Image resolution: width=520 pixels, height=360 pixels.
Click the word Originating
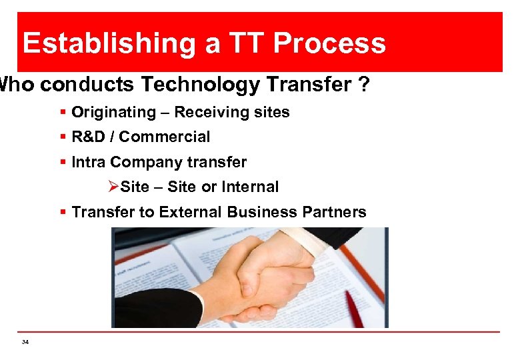[111, 112]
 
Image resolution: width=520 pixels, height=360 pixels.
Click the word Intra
[88, 162]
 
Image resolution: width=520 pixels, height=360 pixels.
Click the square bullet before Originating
[63, 112]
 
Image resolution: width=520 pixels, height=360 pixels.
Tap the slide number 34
[25, 342]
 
